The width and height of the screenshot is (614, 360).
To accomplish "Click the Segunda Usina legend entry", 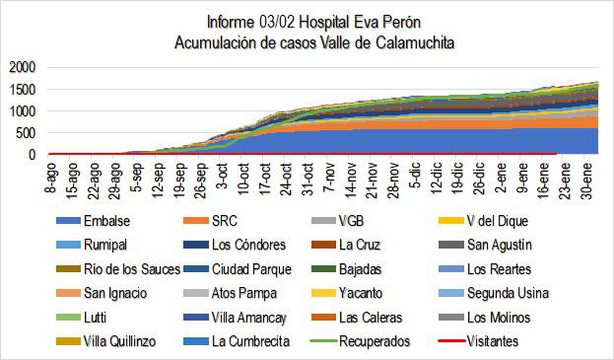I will [x=512, y=292].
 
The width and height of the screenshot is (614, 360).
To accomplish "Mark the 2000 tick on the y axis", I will [x=21, y=67].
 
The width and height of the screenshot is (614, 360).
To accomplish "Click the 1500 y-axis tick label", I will [x=21, y=89].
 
